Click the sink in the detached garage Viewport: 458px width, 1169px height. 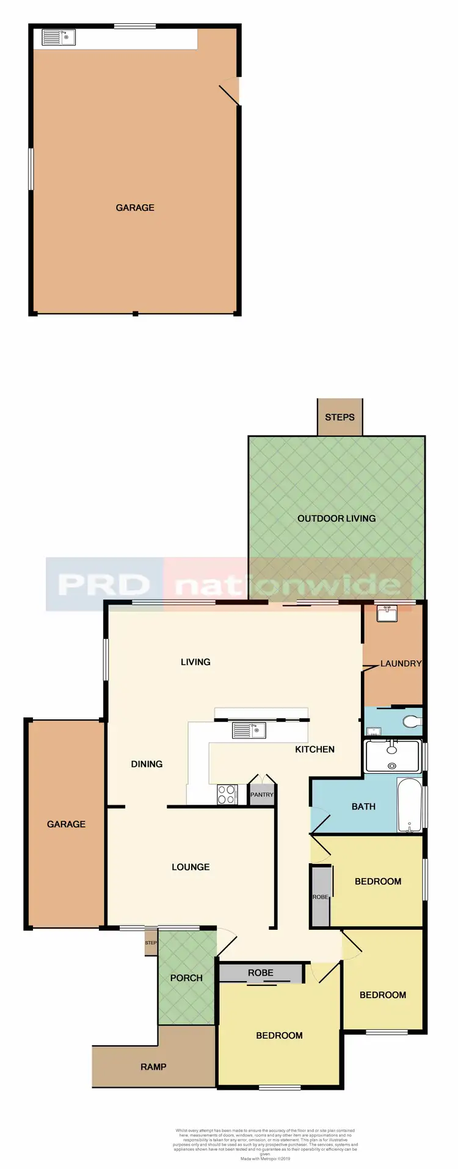(x=58, y=38)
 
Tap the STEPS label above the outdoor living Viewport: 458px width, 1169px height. (x=340, y=417)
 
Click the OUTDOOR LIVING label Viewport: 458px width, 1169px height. (x=336, y=519)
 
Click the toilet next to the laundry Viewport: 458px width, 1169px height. (x=412, y=722)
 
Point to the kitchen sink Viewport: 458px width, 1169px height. (x=249, y=730)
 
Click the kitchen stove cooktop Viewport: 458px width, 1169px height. (x=227, y=795)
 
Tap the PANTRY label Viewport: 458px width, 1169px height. (x=262, y=795)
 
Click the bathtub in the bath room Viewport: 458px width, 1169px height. (x=409, y=805)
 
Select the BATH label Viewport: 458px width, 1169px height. (x=363, y=807)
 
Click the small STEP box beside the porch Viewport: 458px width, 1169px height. (x=151, y=943)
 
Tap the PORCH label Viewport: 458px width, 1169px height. (x=186, y=978)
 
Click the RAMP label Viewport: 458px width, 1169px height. (x=153, y=1067)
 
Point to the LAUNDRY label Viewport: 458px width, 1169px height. (x=401, y=664)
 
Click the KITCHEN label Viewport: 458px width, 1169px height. (x=314, y=749)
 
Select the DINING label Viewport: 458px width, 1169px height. (x=147, y=764)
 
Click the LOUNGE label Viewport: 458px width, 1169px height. (x=191, y=867)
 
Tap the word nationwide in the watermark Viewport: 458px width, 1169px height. (x=288, y=585)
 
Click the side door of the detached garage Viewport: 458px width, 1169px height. (x=231, y=92)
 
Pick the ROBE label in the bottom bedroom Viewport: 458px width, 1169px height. (x=261, y=973)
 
